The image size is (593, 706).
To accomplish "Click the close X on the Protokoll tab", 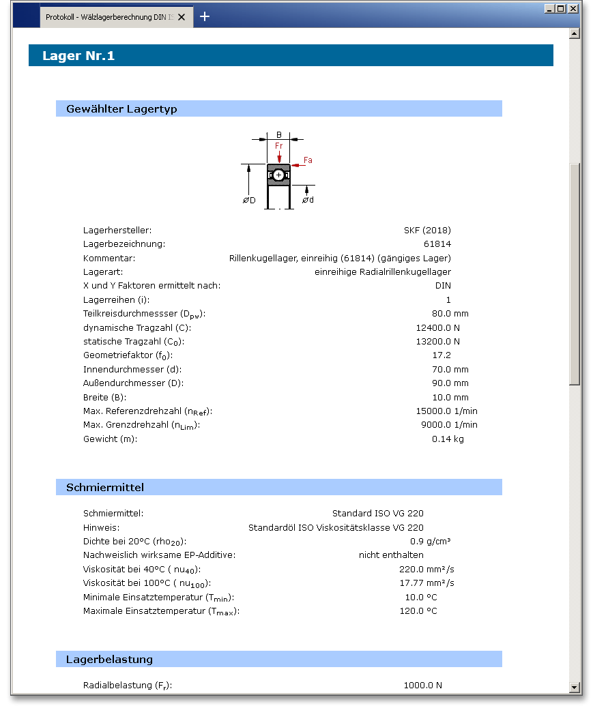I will point(182,17).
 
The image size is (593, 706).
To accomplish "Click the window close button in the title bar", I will point(573,9).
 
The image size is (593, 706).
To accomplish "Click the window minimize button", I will point(550,9).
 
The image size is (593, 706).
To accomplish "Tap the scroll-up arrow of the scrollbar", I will point(574,33).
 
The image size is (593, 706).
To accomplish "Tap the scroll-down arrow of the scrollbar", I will point(574,687).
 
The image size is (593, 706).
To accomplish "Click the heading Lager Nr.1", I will point(78,56).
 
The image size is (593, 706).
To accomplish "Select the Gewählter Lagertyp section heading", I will point(121,109).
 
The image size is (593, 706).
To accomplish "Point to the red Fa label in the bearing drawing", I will point(308,160).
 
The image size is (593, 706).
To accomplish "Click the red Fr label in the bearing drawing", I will point(278,146).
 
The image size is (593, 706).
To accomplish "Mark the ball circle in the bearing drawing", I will point(278,175).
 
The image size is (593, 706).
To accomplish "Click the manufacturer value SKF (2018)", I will point(427,231).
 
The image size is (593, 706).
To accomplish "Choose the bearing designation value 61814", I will point(437,244).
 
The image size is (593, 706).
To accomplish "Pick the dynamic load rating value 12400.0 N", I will point(433,328).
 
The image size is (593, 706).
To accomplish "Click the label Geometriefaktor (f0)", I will point(128,355).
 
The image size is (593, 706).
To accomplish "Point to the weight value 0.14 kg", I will point(448,439).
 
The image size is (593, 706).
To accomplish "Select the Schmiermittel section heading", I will point(105,487).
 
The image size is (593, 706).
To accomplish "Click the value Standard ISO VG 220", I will point(378,514).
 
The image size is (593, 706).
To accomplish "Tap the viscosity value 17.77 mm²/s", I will point(426,583).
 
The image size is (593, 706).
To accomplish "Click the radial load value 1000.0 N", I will point(422,686).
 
